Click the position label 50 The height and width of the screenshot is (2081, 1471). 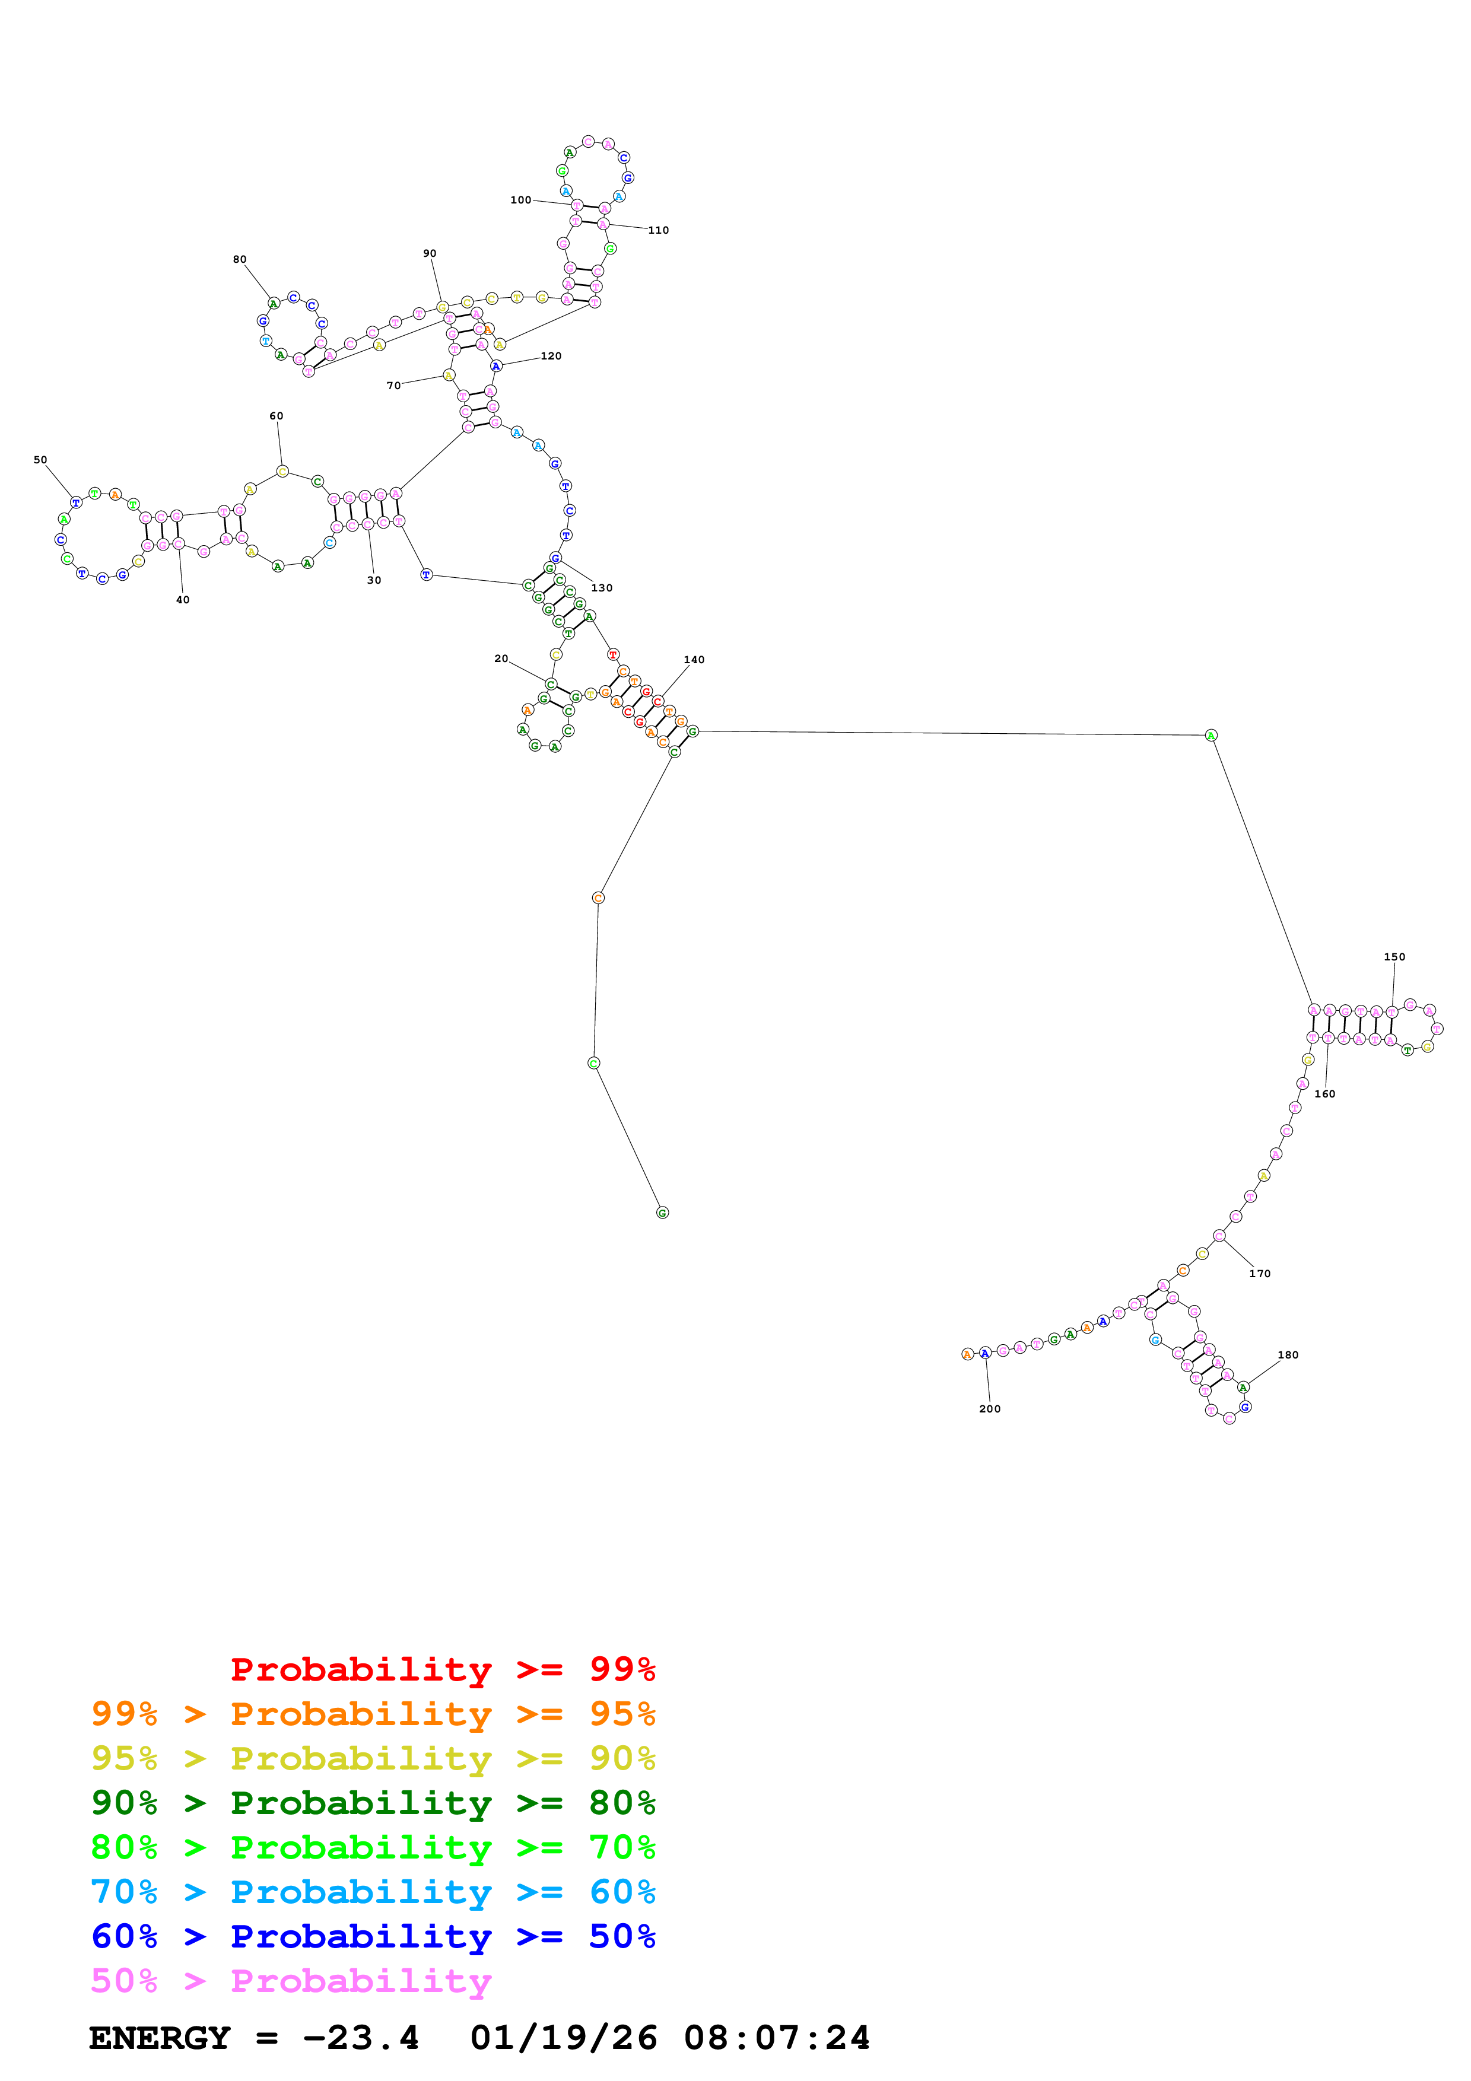coord(40,460)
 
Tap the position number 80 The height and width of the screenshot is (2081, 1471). coord(239,259)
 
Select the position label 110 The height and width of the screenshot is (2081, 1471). coord(658,230)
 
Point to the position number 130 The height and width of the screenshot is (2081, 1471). coord(602,587)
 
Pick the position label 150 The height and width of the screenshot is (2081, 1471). coord(1394,956)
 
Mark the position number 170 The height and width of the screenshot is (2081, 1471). coord(1260,1274)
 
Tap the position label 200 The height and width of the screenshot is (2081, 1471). coord(990,1408)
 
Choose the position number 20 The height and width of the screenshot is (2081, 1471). coord(501,659)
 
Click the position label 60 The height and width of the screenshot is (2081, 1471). coord(277,416)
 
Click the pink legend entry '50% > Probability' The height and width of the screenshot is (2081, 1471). coord(291,1980)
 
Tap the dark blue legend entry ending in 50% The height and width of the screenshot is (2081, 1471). coord(373,1936)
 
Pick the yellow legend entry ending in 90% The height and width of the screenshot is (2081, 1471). coord(373,1758)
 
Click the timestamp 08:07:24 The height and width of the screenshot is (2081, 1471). coord(777,2038)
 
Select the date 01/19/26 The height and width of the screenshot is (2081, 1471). coord(564,2038)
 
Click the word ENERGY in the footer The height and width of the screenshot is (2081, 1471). coord(160,2038)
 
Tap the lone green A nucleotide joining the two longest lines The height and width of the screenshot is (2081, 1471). coord(1211,735)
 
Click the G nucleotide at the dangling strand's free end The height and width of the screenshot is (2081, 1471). coord(663,1213)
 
